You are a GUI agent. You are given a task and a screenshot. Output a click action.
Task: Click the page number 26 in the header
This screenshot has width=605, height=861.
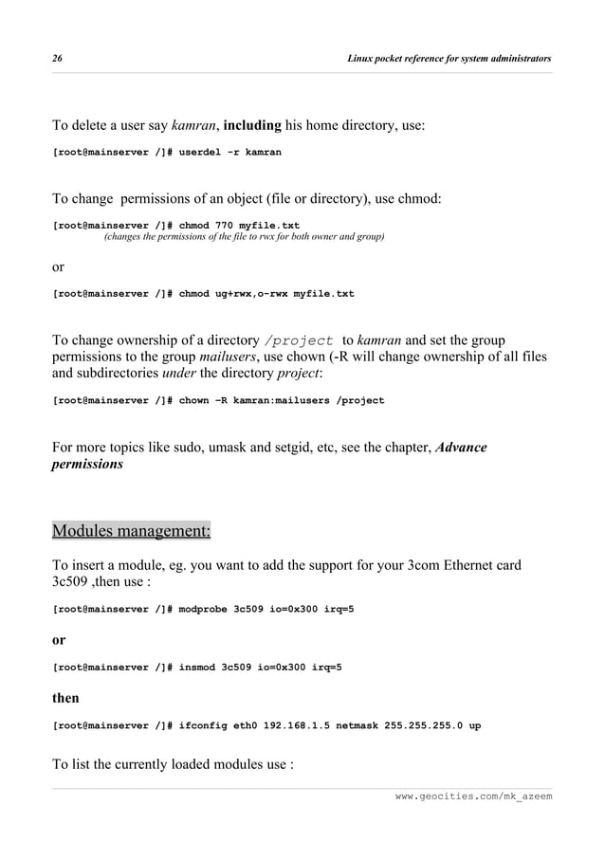click(x=57, y=59)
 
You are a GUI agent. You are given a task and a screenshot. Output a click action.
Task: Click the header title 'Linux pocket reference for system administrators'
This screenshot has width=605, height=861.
click(x=449, y=59)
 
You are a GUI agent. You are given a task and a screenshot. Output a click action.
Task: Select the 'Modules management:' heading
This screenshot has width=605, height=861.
click(x=131, y=530)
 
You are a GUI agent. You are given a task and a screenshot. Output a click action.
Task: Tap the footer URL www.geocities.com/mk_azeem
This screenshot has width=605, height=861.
click(x=473, y=795)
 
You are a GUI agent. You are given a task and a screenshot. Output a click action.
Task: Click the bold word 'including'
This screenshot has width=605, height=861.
click(x=252, y=125)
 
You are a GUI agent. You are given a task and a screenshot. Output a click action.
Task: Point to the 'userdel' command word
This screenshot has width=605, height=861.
click(x=203, y=152)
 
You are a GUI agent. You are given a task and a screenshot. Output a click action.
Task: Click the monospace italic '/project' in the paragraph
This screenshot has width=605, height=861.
click(x=299, y=340)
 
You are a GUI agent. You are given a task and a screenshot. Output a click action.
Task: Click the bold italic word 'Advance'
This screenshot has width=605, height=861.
click(x=461, y=447)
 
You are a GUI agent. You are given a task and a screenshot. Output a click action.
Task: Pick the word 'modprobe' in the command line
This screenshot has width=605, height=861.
click(x=203, y=608)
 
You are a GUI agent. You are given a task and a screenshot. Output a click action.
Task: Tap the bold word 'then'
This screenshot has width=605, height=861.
click(x=65, y=699)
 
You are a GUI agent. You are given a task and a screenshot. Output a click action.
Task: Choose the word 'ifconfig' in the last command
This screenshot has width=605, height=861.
click(x=203, y=725)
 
